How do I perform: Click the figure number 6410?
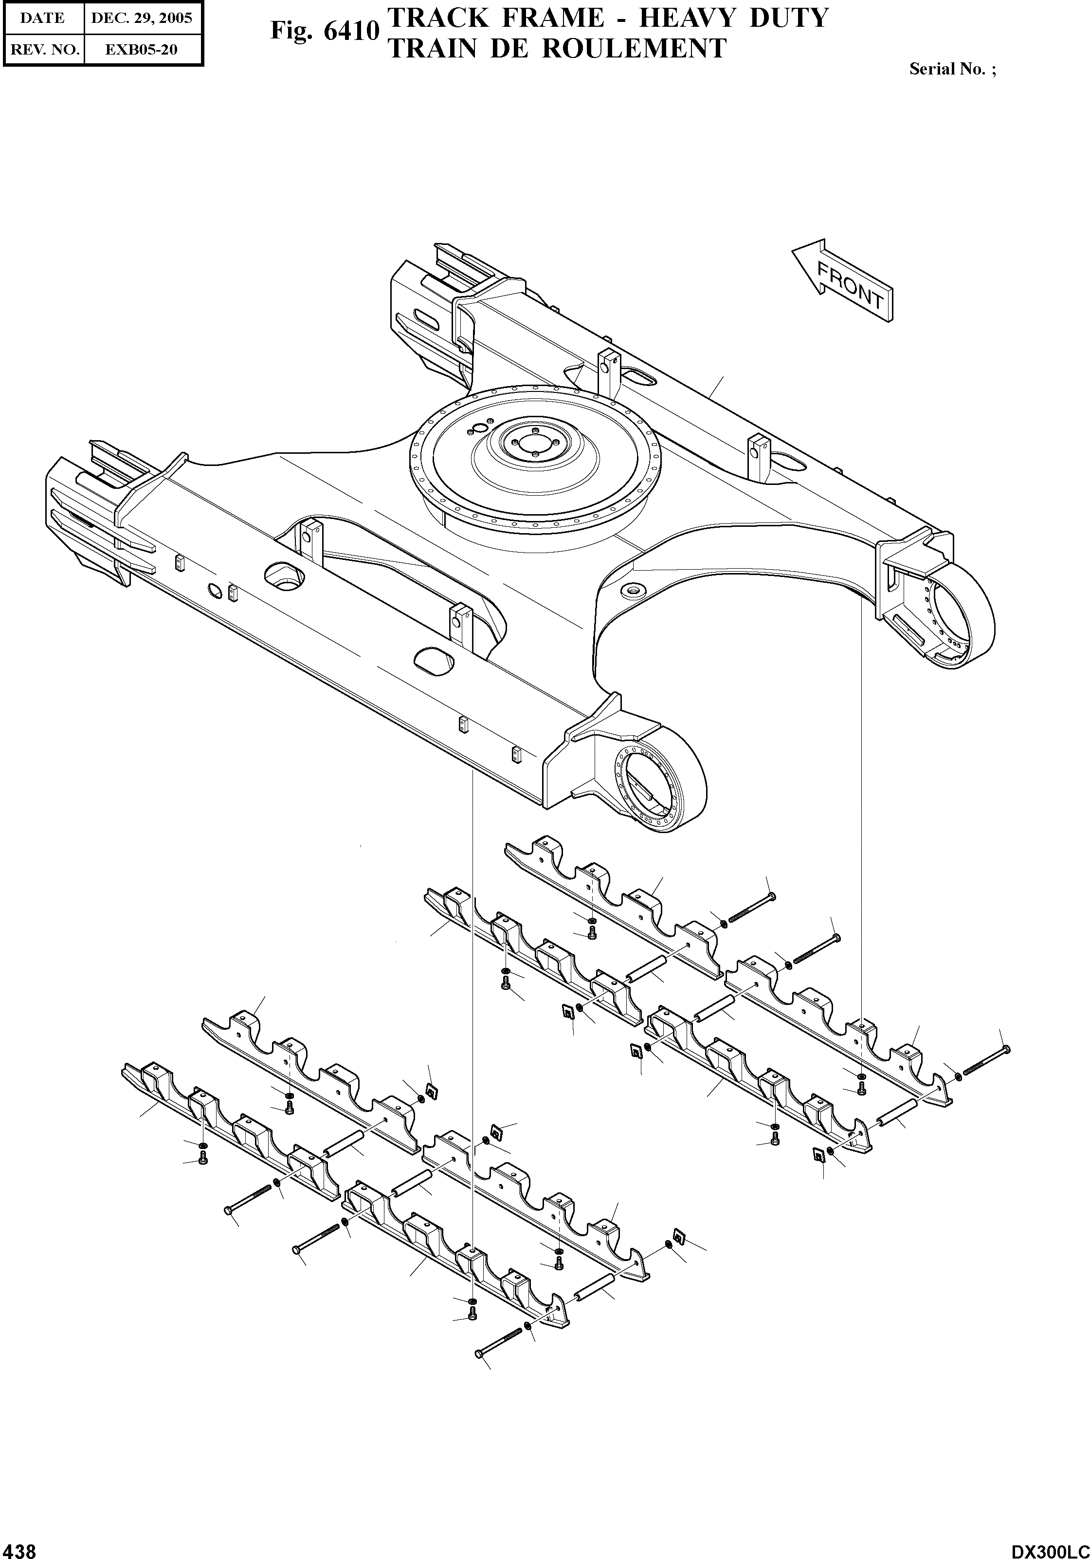(350, 31)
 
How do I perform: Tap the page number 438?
(18, 1545)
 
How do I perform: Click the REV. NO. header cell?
(43, 50)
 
